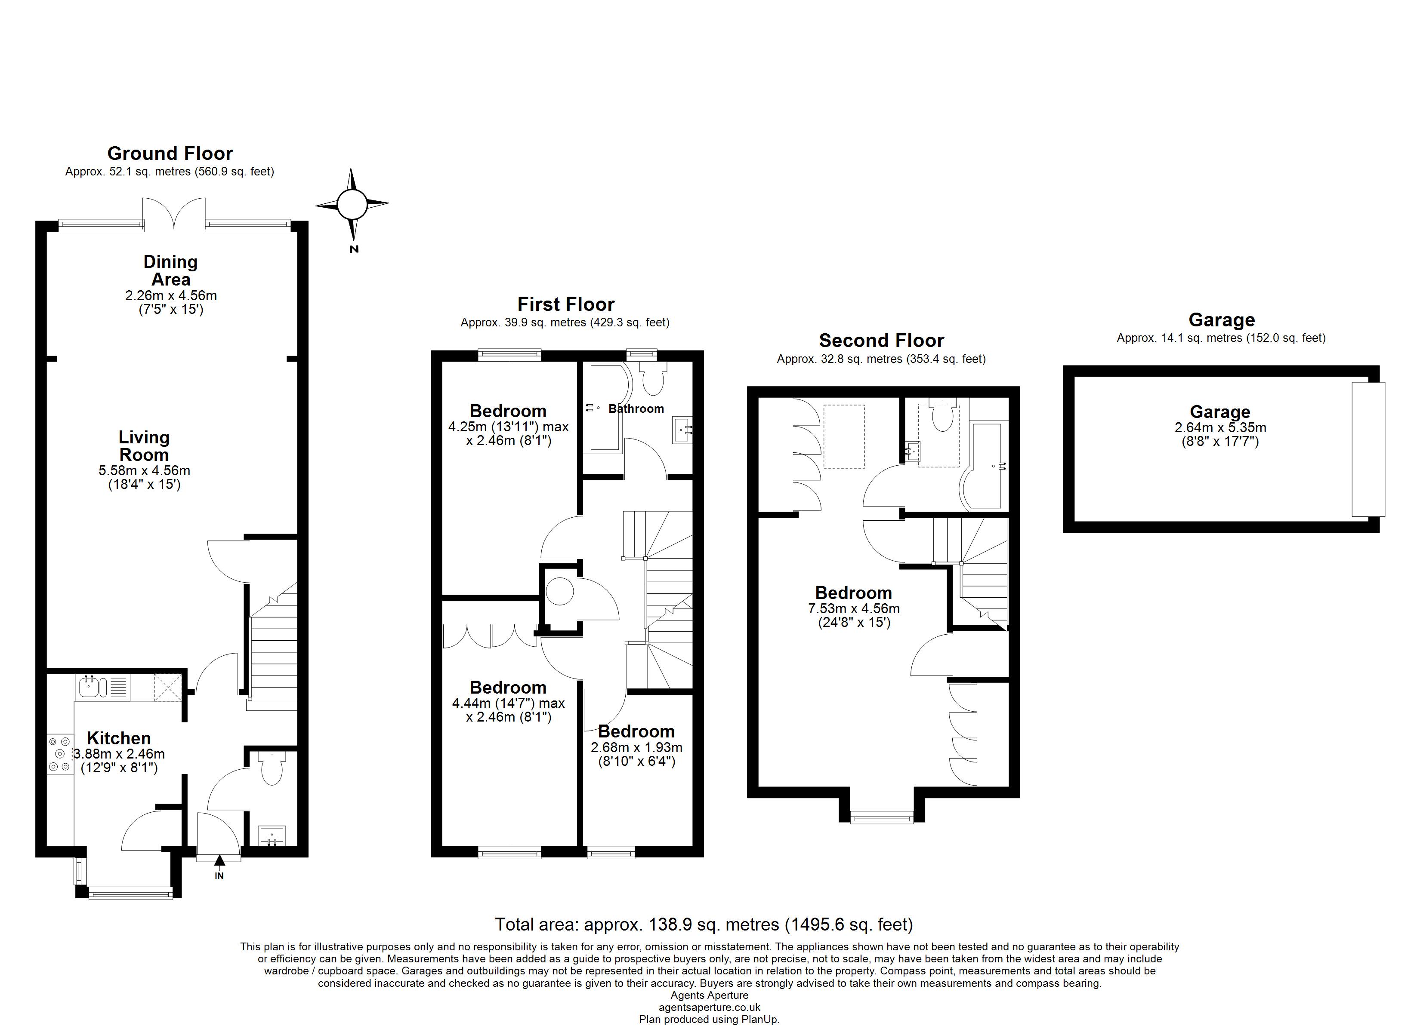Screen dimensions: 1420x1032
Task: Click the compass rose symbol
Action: click(x=352, y=204)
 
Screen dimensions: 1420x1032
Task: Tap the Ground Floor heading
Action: click(x=170, y=154)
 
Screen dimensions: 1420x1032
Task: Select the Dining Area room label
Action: click(x=170, y=270)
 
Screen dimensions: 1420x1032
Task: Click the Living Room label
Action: click(x=144, y=445)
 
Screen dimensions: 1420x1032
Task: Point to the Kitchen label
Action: click(x=118, y=738)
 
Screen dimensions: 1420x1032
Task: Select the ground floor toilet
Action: click(x=272, y=768)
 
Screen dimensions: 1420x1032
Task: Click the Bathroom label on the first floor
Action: click(x=636, y=408)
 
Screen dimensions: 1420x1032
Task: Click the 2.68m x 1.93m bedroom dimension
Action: click(x=636, y=747)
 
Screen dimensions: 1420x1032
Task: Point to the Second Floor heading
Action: click(x=881, y=341)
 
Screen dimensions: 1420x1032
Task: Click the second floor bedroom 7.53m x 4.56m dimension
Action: click(x=854, y=608)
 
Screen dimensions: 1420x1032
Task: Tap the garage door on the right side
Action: click(x=1368, y=449)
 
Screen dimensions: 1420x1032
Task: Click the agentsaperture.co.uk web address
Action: click(x=710, y=1007)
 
